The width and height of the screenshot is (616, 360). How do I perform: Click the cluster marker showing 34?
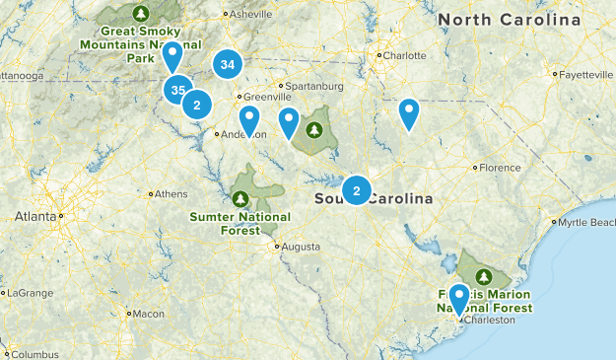pos(228,65)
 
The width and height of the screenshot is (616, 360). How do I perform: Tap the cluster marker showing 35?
pos(177,91)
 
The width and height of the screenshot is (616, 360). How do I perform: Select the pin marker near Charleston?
pos(458,297)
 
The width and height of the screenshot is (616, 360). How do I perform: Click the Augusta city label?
pos(300,247)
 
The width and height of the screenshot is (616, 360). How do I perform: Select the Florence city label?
pos(500,168)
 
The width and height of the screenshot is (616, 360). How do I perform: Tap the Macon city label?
pos(148,314)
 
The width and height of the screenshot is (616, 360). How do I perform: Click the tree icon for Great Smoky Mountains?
pos(140,14)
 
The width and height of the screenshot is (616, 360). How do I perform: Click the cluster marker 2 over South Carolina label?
pos(356,189)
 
